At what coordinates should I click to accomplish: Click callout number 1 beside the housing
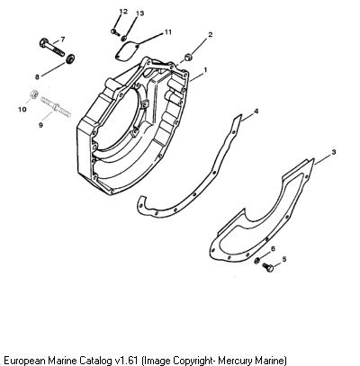[x=205, y=70]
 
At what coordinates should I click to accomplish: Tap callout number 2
[x=211, y=34]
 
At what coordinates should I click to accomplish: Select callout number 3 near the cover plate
[x=334, y=152]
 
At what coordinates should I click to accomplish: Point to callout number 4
[x=256, y=112]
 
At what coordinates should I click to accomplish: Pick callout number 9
[x=40, y=125]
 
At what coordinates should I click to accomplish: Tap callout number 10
[x=22, y=110]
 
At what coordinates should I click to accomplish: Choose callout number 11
[x=168, y=31]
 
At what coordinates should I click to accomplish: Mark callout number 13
[x=139, y=13]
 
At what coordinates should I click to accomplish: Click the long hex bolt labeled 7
[x=51, y=48]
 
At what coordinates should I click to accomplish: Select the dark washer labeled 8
[x=71, y=58]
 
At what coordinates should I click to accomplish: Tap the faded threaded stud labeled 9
[x=56, y=107]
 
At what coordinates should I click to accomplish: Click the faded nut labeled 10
[x=34, y=94]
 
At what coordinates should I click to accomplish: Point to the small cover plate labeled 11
[x=127, y=51]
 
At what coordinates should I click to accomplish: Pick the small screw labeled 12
[x=114, y=31]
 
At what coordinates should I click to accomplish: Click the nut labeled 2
[x=189, y=57]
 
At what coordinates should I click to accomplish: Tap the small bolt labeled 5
[x=268, y=267]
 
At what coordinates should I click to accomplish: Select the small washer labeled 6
[x=256, y=261]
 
